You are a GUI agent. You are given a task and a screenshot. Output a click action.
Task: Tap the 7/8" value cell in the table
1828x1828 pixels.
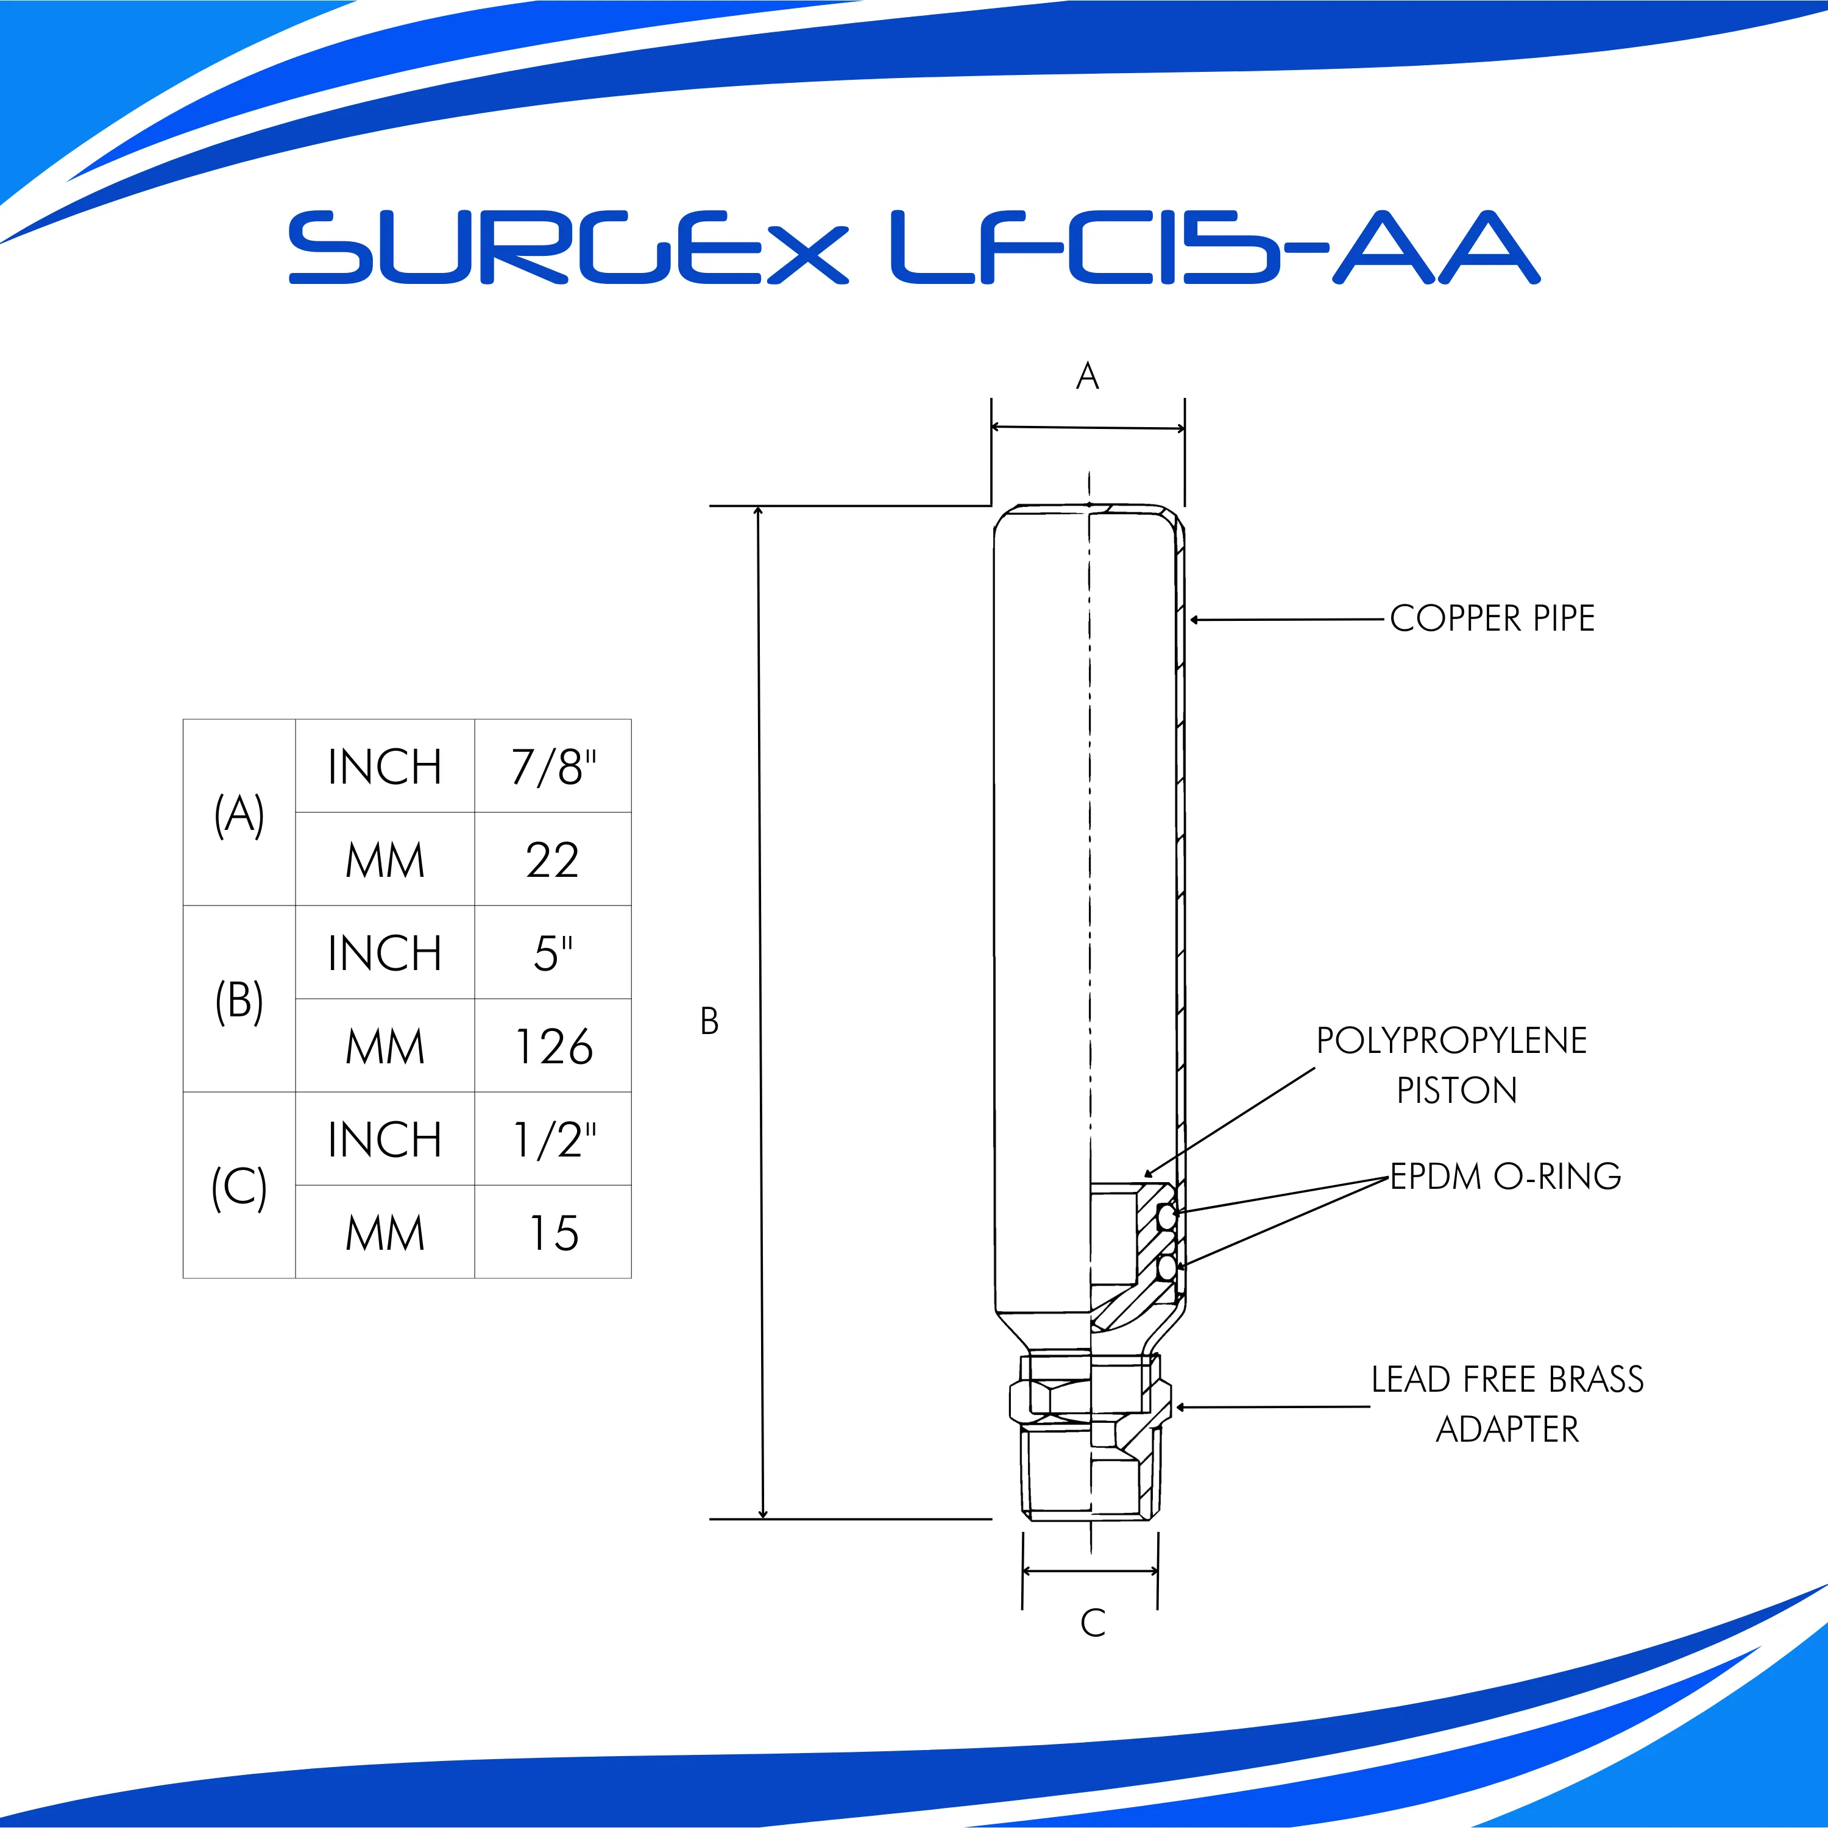click(553, 767)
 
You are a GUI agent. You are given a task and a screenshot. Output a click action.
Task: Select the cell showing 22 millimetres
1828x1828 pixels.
click(553, 859)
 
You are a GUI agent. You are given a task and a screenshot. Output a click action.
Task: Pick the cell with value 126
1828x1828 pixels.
click(553, 1046)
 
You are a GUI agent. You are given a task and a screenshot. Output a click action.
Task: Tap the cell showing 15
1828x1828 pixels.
click(553, 1232)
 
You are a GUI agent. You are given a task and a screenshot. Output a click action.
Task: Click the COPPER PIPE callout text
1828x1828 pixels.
click(1492, 619)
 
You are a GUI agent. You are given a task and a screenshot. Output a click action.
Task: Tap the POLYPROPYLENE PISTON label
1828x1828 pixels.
click(1453, 1065)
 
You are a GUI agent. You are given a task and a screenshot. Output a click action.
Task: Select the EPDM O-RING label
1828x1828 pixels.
click(1505, 1176)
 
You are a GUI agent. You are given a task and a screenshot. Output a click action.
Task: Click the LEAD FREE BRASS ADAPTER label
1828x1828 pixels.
click(1507, 1404)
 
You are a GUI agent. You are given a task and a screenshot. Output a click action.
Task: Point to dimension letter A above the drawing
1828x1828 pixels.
click(1087, 377)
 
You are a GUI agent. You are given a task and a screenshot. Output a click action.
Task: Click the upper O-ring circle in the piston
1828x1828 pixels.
click(1167, 1217)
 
